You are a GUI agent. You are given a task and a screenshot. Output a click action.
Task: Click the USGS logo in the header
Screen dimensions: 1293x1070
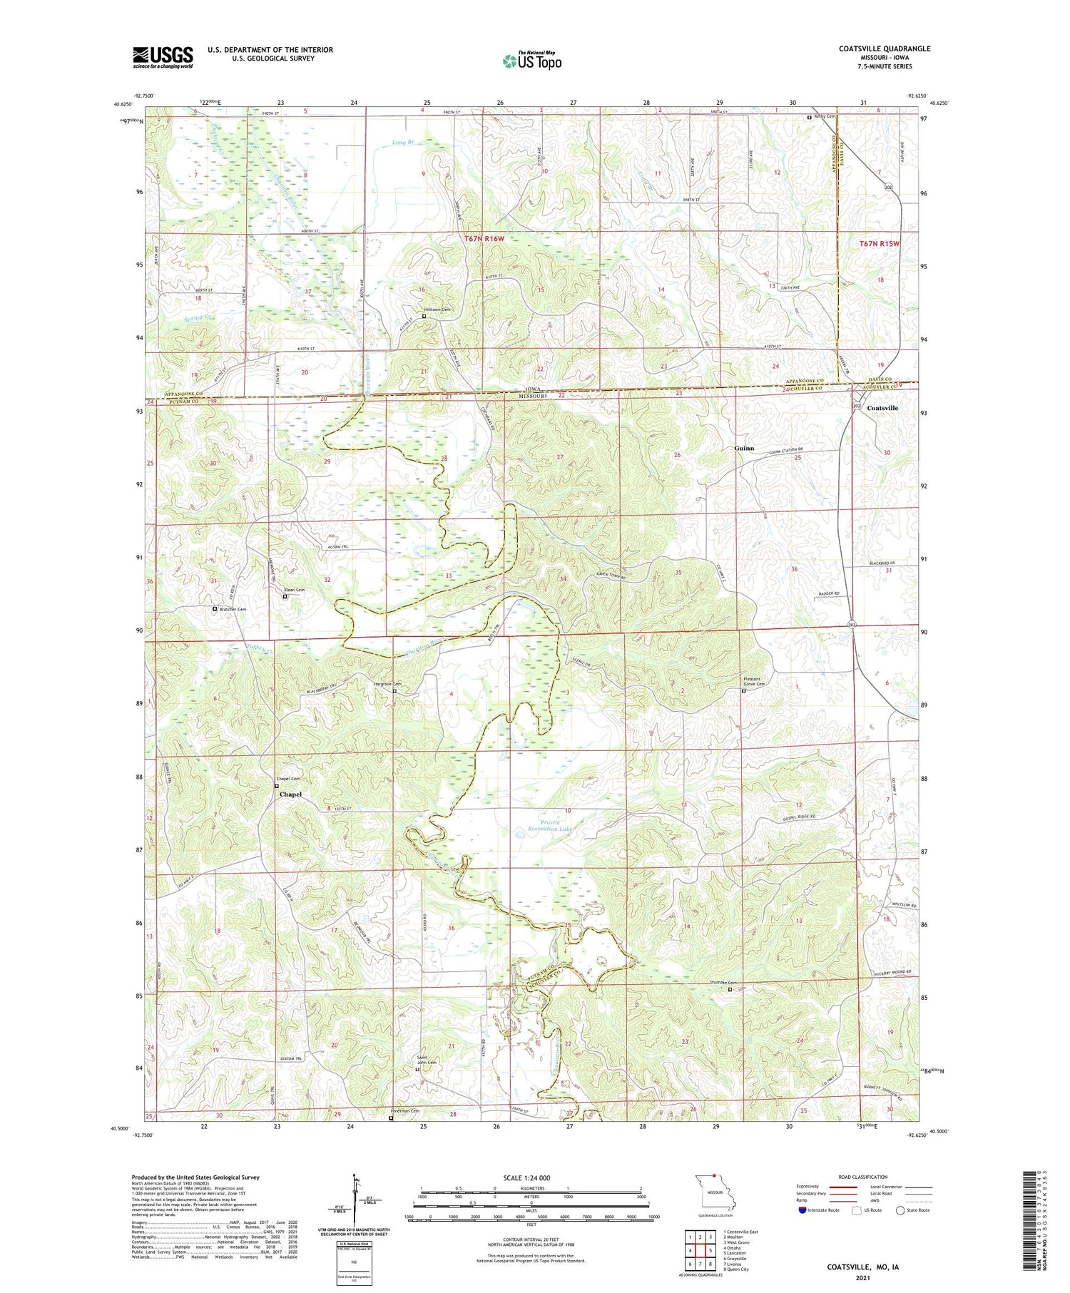pyautogui.click(x=163, y=57)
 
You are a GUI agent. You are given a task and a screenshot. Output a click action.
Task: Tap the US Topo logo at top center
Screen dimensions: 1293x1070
pyautogui.click(x=532, y=61)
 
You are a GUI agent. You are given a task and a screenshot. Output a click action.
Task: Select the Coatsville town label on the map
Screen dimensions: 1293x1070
pyautogui.click(x=882, y=408)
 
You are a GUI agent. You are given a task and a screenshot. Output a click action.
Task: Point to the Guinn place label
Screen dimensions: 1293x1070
pyautogui.click(x=744, y=449)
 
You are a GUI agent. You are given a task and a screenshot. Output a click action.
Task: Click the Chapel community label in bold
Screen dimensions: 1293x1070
pyautogui.click(x=290, y=794)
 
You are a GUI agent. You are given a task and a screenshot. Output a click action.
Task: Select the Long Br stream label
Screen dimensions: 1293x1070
pyautogui.click(x=403, y=143)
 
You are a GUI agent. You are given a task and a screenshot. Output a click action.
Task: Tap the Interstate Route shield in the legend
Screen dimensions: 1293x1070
pyautogui.click(x=802, y=1210)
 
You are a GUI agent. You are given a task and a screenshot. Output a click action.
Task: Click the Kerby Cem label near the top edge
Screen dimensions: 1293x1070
pyautogui.click(x=825, y=116)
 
